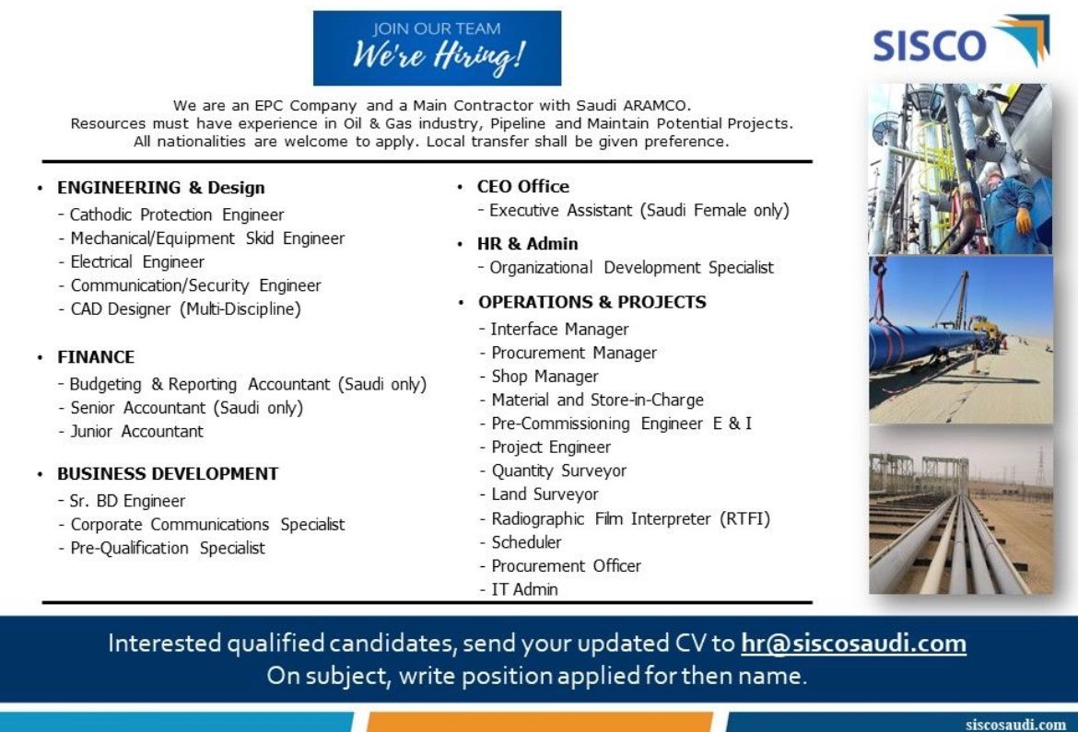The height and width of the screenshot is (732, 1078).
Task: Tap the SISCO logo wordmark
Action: (929, 45)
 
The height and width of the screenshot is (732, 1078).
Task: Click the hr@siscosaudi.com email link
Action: (853, 644)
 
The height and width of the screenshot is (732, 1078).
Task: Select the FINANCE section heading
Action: (96, 357)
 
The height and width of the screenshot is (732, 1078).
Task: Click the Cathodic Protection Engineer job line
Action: (177, 215)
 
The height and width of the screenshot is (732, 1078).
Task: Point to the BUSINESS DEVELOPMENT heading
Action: (168, 474)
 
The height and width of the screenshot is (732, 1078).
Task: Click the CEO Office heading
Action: (523, 186)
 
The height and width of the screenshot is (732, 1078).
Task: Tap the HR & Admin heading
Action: (527, 244)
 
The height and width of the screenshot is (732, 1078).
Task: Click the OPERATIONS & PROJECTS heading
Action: (592, 302)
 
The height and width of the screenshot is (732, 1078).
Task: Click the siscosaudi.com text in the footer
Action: (1015, 724)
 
